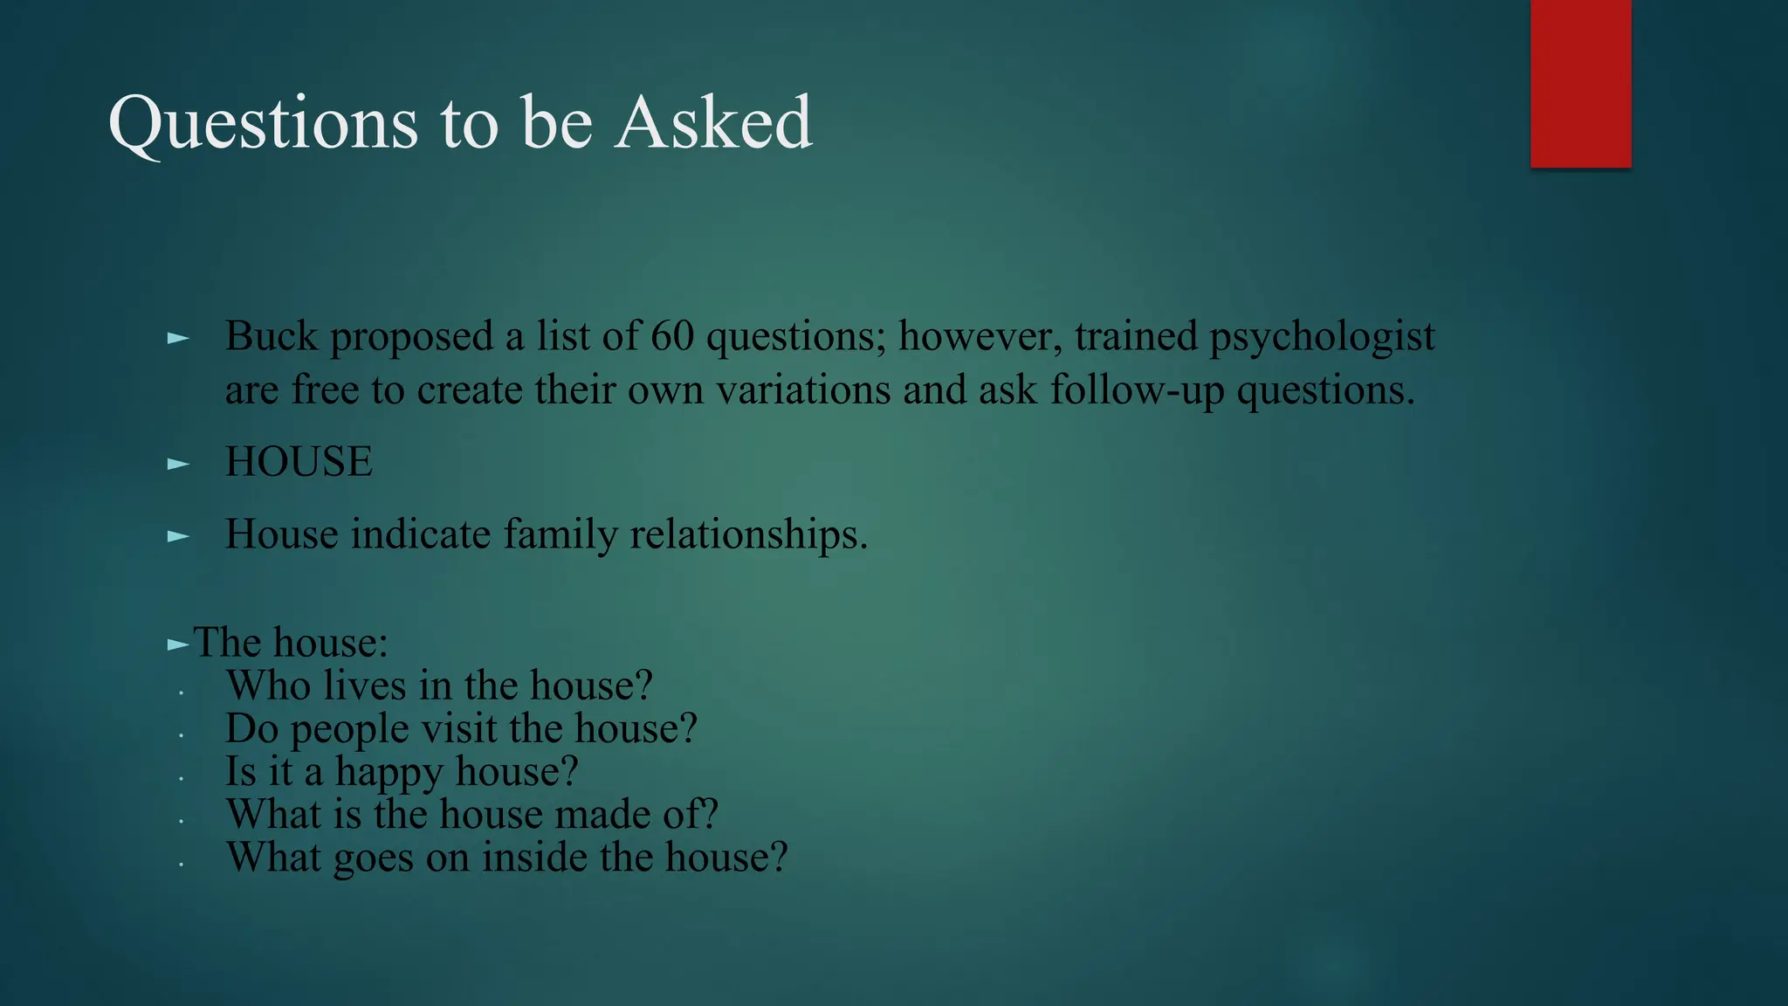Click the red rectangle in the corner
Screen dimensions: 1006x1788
[1580, 83]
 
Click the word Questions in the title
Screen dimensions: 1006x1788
[263, 123]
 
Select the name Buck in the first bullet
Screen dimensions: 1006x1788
[272, 336]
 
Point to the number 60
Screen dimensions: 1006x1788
[672, 336]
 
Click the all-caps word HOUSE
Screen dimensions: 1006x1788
[299, 462]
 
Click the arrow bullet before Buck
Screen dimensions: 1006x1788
[178, 338]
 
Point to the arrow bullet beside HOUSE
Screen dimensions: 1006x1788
[178, 464]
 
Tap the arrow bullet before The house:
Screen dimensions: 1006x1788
[178, 645]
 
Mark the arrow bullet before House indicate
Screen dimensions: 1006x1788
[178, 536]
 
